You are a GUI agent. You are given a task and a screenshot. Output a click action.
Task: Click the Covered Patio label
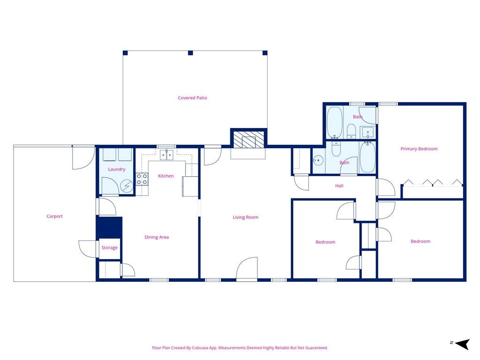pos(192,98)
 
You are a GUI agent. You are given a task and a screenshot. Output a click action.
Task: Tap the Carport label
pos(54,216)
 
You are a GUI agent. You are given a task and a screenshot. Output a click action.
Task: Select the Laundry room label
pos(117,169)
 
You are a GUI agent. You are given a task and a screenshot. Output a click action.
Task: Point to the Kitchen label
pos(165,176)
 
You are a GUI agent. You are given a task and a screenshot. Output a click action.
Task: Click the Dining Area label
pos(157,237)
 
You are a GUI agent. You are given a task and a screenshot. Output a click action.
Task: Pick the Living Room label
pos(246,217)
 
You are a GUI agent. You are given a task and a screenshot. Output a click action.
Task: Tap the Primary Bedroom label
pos(419,149)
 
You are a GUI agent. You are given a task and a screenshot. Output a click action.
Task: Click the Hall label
pos(339,186)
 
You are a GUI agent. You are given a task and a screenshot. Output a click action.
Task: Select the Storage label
pos(109,247)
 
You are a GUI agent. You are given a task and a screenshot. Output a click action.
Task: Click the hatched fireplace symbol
pos(248,140)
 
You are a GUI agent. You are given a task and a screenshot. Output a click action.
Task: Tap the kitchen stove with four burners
pos(142,179)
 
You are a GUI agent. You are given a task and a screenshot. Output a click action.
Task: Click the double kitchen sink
pos(166,155)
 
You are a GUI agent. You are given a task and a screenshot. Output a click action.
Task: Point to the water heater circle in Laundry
pos(127,186)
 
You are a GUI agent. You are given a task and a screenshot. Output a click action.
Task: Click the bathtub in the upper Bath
pos(335,122)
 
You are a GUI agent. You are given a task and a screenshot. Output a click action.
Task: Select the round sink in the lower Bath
pos(318,160)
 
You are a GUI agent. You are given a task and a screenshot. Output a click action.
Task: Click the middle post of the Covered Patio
pos(190,53)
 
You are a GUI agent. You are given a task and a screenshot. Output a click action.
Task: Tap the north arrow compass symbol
pos(462,344)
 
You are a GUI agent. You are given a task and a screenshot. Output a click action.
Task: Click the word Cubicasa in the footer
pos(199,348)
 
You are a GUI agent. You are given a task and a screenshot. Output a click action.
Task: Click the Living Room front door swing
pos(247,268)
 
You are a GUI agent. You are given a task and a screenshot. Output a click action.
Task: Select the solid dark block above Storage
pos(109,227)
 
